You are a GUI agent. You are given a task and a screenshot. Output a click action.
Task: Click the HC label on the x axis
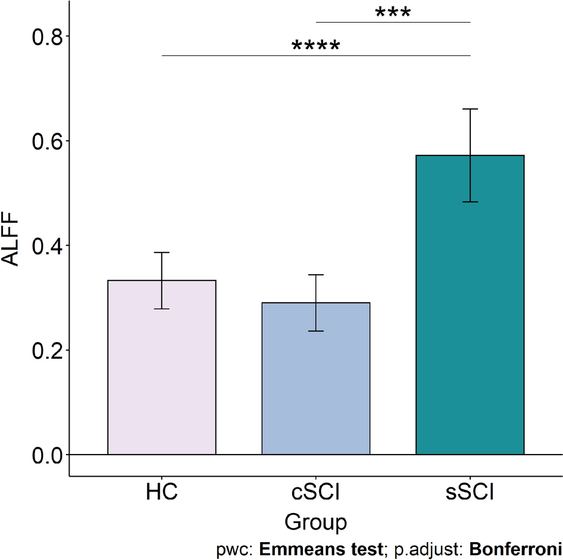161,494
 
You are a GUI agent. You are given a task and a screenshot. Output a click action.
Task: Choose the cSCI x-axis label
315,494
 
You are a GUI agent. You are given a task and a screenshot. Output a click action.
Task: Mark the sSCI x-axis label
470,494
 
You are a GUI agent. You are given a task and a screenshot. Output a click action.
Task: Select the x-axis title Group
315,522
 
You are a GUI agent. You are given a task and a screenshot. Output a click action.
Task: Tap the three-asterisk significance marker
393,14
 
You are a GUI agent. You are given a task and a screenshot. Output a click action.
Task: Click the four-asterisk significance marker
315,47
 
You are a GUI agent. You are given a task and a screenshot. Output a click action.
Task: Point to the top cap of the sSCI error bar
470,109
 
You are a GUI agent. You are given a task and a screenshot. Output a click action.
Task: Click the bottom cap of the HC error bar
161,309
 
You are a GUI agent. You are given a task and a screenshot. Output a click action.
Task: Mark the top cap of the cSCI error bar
315,275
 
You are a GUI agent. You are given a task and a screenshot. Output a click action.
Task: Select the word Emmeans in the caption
291,548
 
